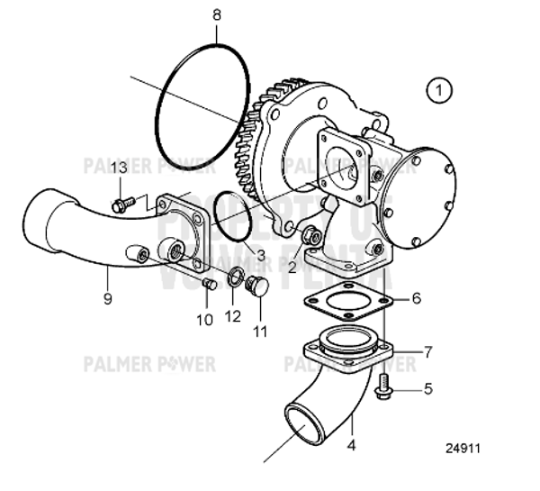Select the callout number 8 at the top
pos(216,14)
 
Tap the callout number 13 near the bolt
pos(119,168)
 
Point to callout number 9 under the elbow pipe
pos(107,298)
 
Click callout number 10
pos(204,319)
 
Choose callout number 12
pos(233,315)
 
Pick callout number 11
pos(261,332)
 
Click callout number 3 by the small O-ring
pos(260,256)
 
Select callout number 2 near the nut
pos(292,266)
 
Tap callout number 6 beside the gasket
pos(416,297)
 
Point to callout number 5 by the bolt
pos(428,389)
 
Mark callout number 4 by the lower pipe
pos(352,444)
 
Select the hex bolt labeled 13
pos(123,205)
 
